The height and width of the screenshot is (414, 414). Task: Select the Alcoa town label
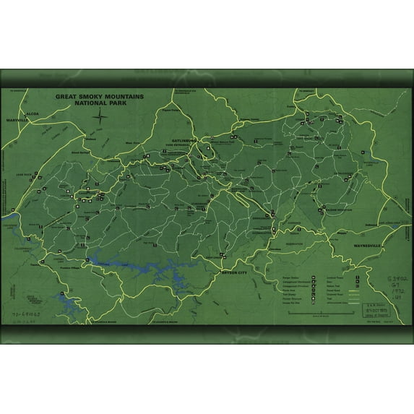point(30,114)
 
